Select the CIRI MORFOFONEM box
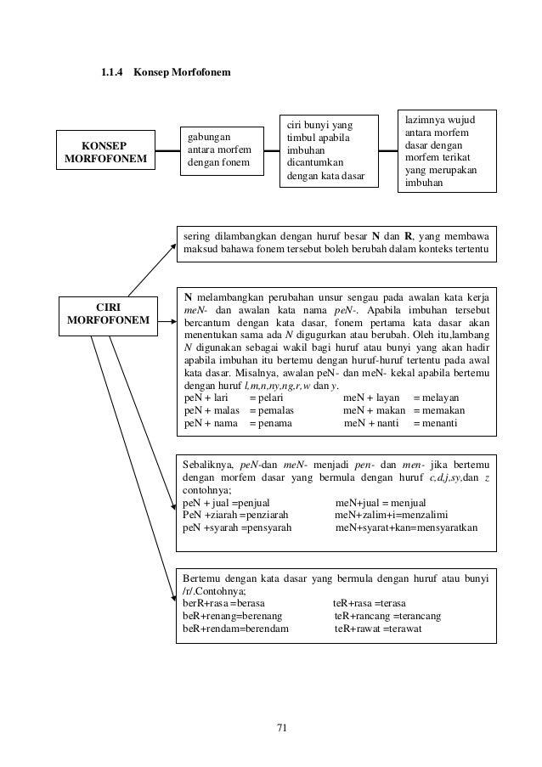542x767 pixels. [106, 313]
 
